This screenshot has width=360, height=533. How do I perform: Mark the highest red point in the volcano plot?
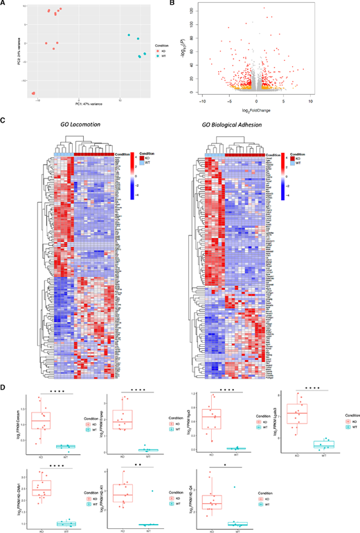tap(264, 8)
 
